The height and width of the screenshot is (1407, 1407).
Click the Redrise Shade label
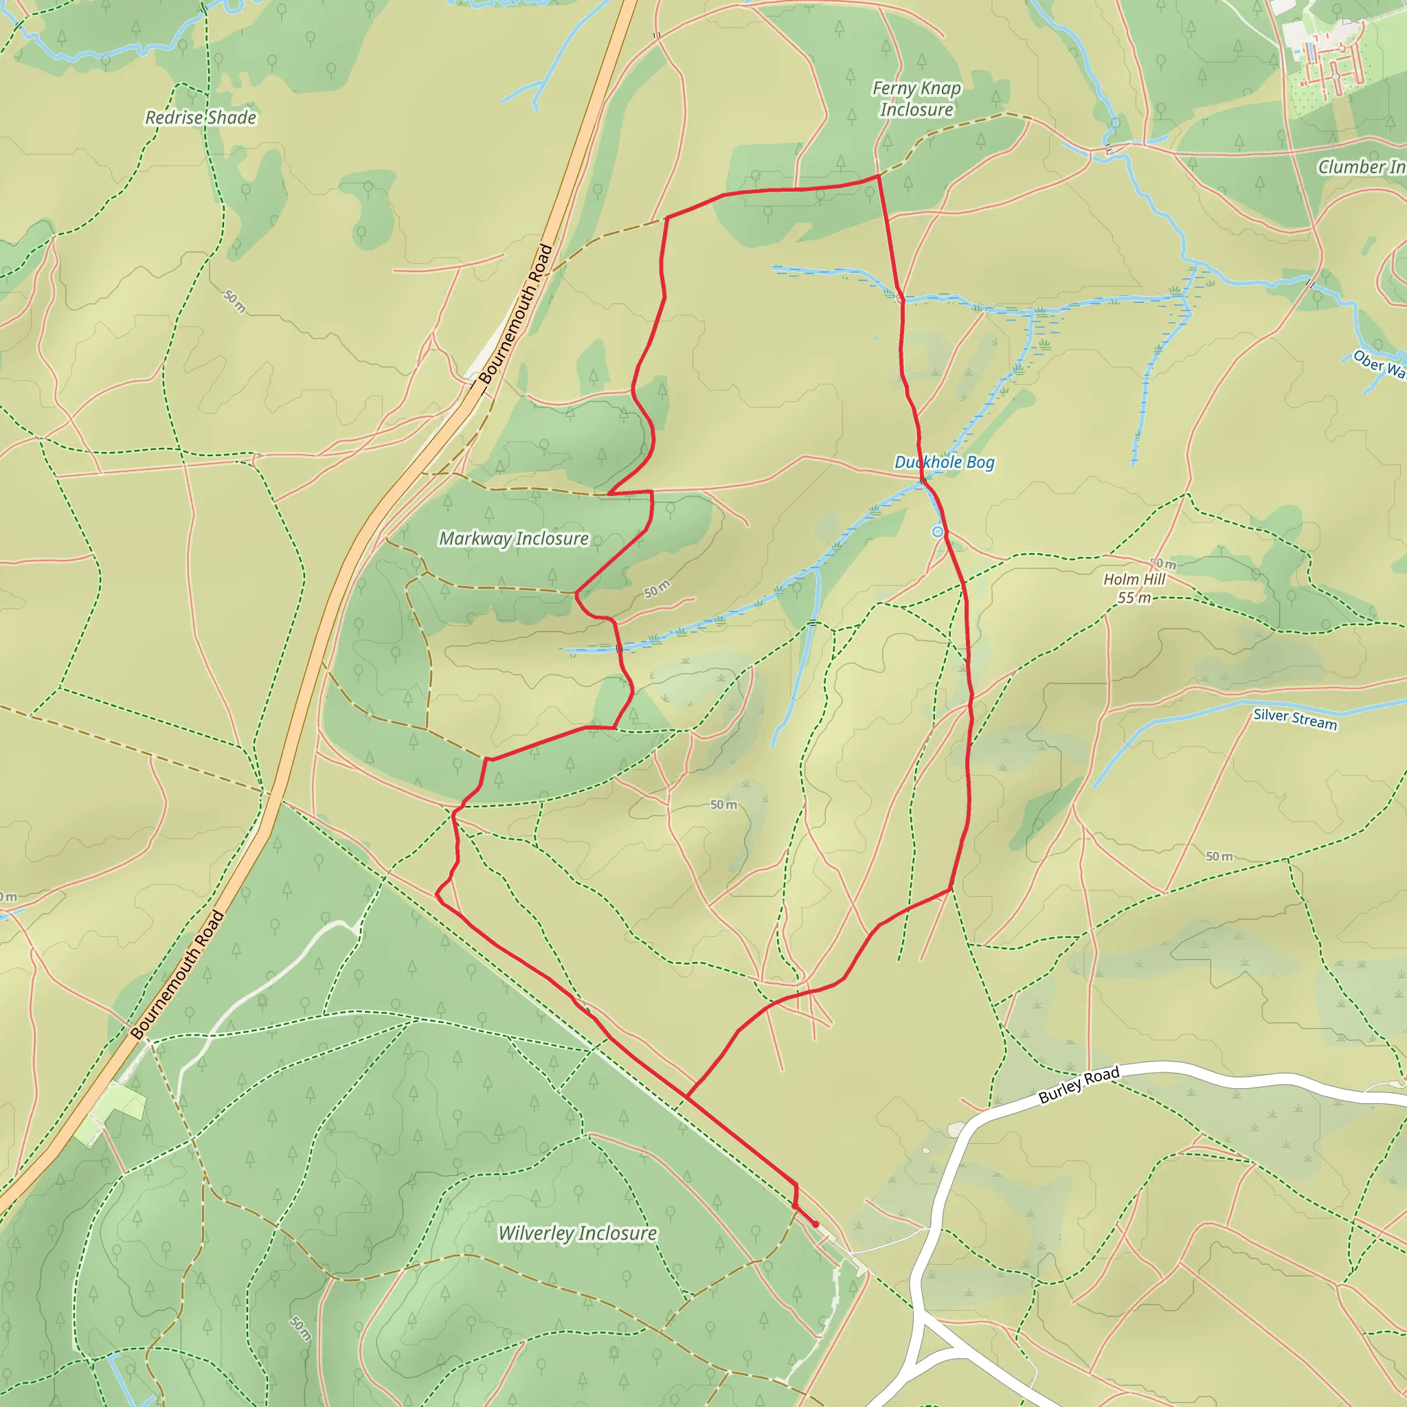pos(201,118)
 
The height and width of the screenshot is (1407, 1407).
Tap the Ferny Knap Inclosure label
pos(916,99)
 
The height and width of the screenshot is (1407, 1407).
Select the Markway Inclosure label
pos(513,539)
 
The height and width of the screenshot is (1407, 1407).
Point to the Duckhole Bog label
pos(944,462)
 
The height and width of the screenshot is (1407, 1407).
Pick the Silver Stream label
pos(1295,719)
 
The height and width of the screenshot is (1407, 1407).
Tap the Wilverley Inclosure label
pos(578,1233)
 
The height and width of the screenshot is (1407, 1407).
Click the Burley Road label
pos(1079,1086)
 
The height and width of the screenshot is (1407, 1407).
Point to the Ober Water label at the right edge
pos(1378,363)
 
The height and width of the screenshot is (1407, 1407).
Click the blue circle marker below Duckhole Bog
pos(938,532)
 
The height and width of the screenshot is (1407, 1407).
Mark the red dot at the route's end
pos(815,1224)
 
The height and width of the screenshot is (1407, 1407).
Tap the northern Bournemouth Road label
pos(516,315)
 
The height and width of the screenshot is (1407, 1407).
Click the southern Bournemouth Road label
pos(178,975)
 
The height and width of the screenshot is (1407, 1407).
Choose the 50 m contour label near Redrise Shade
pos(234,302)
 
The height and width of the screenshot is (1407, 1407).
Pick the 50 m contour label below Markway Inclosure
pos(656,589)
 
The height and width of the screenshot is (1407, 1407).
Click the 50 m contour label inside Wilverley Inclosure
pos(300,1329)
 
